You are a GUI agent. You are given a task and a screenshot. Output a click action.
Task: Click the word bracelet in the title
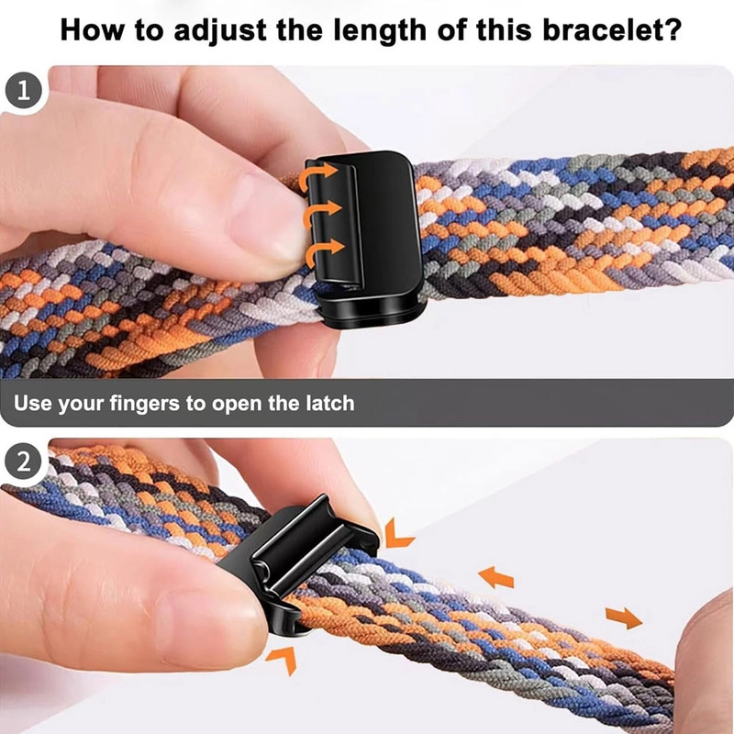(x=602, y=30)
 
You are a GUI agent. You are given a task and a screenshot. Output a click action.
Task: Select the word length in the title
(x=380, y=31)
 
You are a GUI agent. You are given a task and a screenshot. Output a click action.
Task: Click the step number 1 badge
(x=24, y=91)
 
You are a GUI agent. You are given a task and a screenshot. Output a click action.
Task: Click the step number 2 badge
(x=24, y=462)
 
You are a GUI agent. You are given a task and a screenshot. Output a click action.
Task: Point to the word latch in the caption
(x=330, y=403)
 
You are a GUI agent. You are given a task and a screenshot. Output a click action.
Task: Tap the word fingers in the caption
(x=145, y=404)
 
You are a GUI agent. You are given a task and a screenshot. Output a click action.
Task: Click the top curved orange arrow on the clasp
(x=317, y=174)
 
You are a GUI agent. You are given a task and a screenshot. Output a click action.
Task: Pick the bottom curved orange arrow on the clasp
(x=325, y=250)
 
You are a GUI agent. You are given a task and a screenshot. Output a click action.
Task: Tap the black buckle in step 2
(x=295, y=565)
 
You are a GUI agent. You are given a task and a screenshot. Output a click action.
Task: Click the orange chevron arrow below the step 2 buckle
(x=284, y=658)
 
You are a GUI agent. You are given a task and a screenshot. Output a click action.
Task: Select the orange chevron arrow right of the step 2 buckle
(x=397, y=534)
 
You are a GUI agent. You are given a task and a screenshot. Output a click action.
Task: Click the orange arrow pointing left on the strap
(x=496, y=577)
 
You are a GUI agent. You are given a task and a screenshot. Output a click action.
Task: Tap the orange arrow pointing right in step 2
(x=624, y=617)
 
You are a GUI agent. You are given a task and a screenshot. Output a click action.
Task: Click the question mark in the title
(x=673, y=30)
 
